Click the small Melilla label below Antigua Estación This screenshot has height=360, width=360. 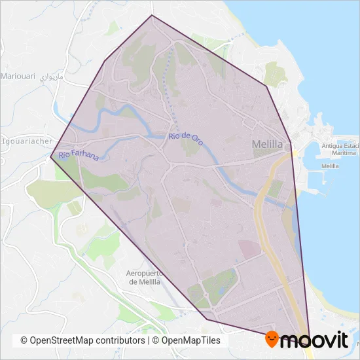331,166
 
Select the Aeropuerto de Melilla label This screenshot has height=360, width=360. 150,277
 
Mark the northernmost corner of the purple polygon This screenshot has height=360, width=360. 152,15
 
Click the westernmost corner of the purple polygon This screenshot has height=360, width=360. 50,156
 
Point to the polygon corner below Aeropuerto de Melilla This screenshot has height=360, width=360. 206,319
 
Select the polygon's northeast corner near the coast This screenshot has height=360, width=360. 266,86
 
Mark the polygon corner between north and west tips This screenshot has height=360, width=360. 105,61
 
